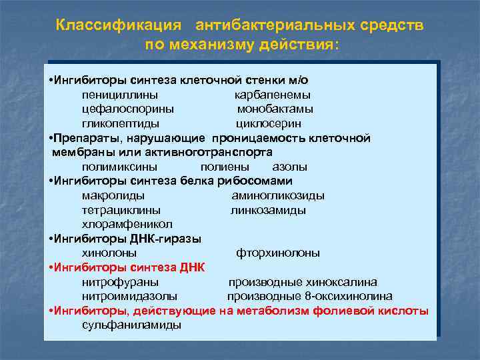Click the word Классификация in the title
click(119, 25)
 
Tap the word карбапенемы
click(273, 95)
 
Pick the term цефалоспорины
click(128, 109)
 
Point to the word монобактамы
click(275, 109)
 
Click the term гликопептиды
click(121, 123)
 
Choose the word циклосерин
click(269, 123)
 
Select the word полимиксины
click(120, 167)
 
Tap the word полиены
click(225, 167)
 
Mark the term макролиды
click(113, 195)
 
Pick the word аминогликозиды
click(278, 195)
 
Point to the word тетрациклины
click(121, 210)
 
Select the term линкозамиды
click(269, 210)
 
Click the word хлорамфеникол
click(127, 224)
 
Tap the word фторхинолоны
click(278, 253)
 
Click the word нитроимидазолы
click(129, 296)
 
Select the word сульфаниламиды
click(131, 325)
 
